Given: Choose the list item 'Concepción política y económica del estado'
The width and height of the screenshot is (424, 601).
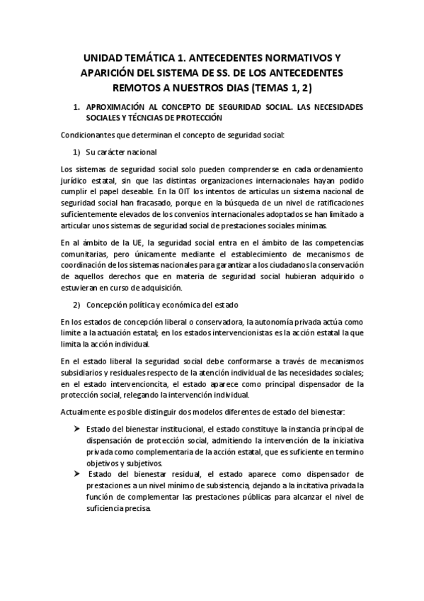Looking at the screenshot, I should point(165,305).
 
